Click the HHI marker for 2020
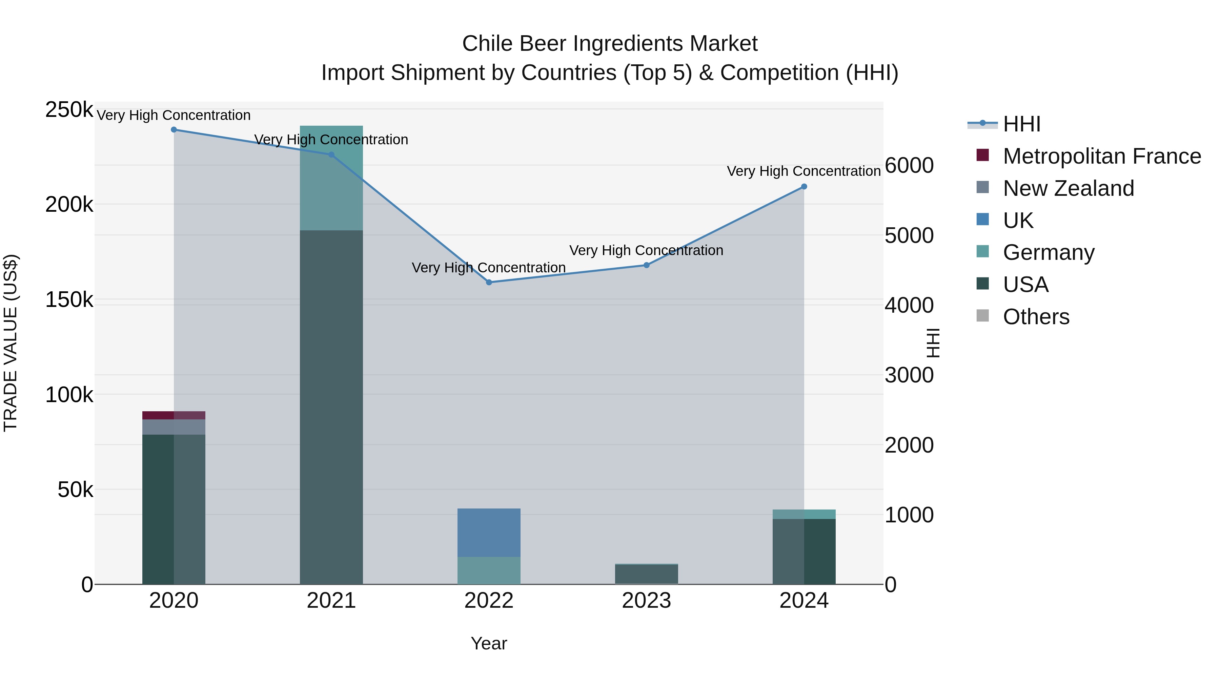(174, 130)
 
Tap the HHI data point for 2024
(804, 187)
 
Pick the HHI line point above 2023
(647, 266)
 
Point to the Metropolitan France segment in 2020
(174, 415)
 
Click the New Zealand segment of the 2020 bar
(174, 427)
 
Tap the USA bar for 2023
(647, 574)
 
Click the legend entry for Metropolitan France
(1102, 156)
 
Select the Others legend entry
(1036, 317)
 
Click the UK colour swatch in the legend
(983, 220)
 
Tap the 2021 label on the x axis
(331, 601)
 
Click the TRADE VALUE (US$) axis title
(11, 343)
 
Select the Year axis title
(489, 643)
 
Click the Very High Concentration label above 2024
(804, 171)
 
